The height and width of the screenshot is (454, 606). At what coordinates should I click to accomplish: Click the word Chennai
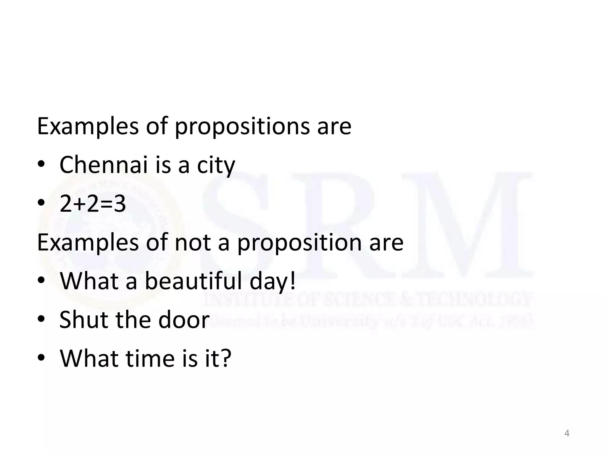coord(103,165)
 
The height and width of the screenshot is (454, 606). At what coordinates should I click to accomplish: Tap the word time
coord(150,358)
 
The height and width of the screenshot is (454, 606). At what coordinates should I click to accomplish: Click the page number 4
coord(567,433)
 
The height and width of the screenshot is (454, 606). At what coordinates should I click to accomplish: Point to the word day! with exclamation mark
coord(273,281)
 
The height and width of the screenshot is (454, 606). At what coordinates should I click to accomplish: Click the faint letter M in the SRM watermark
coord(468,225)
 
